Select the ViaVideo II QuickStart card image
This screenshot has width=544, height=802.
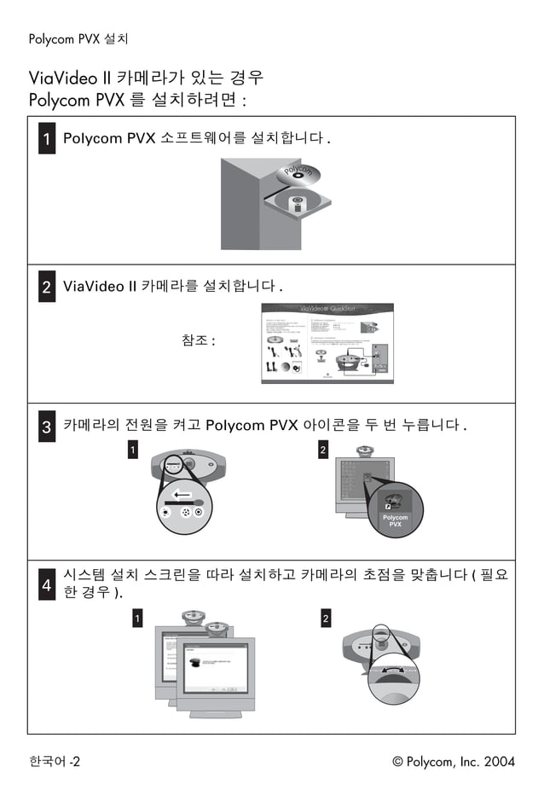tap(324, 344)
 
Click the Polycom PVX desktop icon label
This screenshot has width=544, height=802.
tap(395, 520)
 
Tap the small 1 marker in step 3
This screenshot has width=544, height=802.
tap(132, 450)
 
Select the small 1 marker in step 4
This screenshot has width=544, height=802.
tap(136, 619)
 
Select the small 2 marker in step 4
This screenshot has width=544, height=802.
tap(325, 619)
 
